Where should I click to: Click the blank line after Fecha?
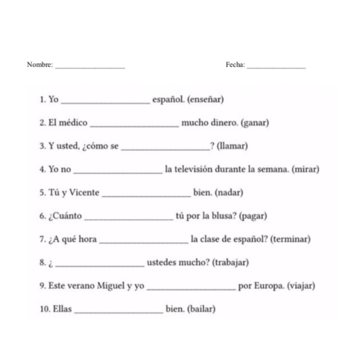coord(276,67)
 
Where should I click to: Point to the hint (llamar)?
coord(232,145)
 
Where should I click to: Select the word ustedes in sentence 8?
coord(163,262)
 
